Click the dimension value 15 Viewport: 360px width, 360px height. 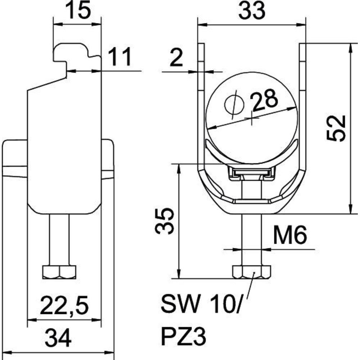point(78,11)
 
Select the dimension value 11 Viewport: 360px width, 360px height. point(120,57)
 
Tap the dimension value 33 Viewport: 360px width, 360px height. point(252,11)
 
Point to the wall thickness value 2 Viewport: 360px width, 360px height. point(176,58)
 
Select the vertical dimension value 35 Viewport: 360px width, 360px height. point(165,221)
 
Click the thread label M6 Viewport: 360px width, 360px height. point(290,235)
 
